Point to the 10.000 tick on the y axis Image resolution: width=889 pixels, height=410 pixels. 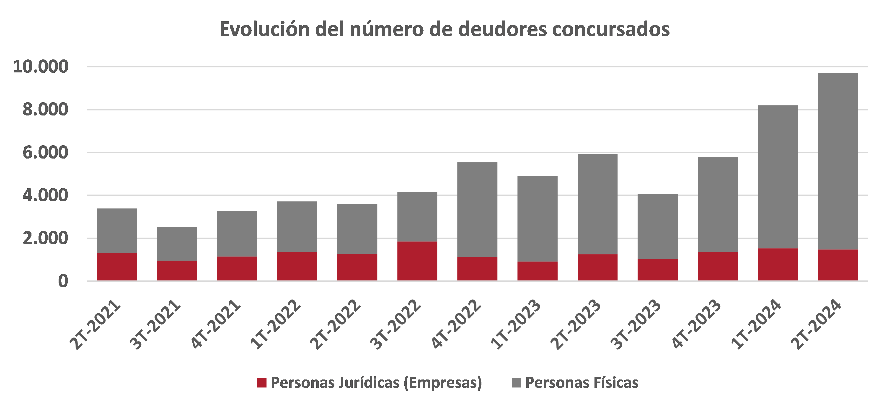[41, 67]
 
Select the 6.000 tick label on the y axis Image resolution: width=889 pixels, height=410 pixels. [46, 152]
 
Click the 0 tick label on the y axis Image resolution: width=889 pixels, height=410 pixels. [63, 281]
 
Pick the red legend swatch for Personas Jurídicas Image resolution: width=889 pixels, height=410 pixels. [262, 383]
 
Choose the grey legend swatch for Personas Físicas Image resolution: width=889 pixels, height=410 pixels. [516, 383]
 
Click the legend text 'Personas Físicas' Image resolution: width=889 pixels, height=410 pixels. [582, 383]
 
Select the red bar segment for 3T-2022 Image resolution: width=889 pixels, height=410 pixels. [417, 261]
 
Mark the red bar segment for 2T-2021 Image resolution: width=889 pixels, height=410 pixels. [117, 266]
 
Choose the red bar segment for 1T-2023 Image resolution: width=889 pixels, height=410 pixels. [537, 271]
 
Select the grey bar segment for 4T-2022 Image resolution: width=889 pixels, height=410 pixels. [477, 209]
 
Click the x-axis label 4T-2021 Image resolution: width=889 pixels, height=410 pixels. [216, 325]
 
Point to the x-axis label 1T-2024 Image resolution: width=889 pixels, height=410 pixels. [757, 325]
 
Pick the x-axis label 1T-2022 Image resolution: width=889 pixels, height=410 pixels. [276, 325]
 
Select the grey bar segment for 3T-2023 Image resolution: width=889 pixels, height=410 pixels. [657, 227]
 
